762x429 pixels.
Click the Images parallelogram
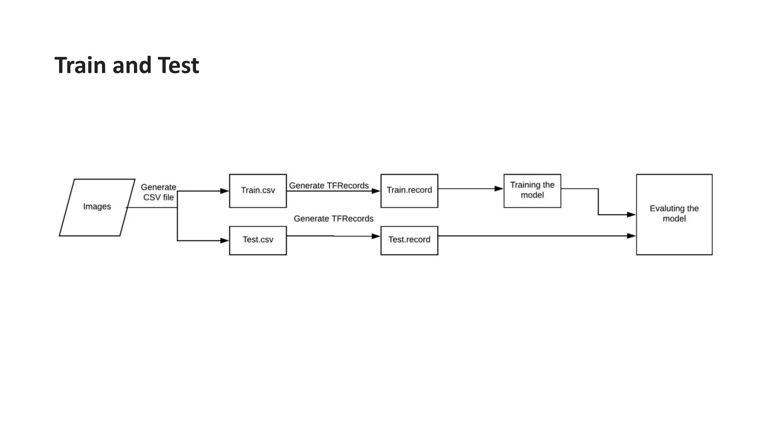97,207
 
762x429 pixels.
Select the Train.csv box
258,190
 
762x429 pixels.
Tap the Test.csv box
258,240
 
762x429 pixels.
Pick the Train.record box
409,190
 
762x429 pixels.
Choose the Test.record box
409,240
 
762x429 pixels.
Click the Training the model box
532,190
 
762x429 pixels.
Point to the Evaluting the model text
674,213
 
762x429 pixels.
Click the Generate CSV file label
159,192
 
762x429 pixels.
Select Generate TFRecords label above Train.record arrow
329,185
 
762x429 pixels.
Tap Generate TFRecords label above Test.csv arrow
333,219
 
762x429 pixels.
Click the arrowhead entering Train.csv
224,191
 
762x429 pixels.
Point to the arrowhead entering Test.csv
224,241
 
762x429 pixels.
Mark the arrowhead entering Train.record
376,191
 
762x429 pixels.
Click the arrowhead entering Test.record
376,236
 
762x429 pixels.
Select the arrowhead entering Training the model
499,189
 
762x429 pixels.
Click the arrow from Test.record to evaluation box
536,236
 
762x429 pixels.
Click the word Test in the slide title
178,65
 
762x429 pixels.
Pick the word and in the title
132,65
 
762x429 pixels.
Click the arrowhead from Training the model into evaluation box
631,214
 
